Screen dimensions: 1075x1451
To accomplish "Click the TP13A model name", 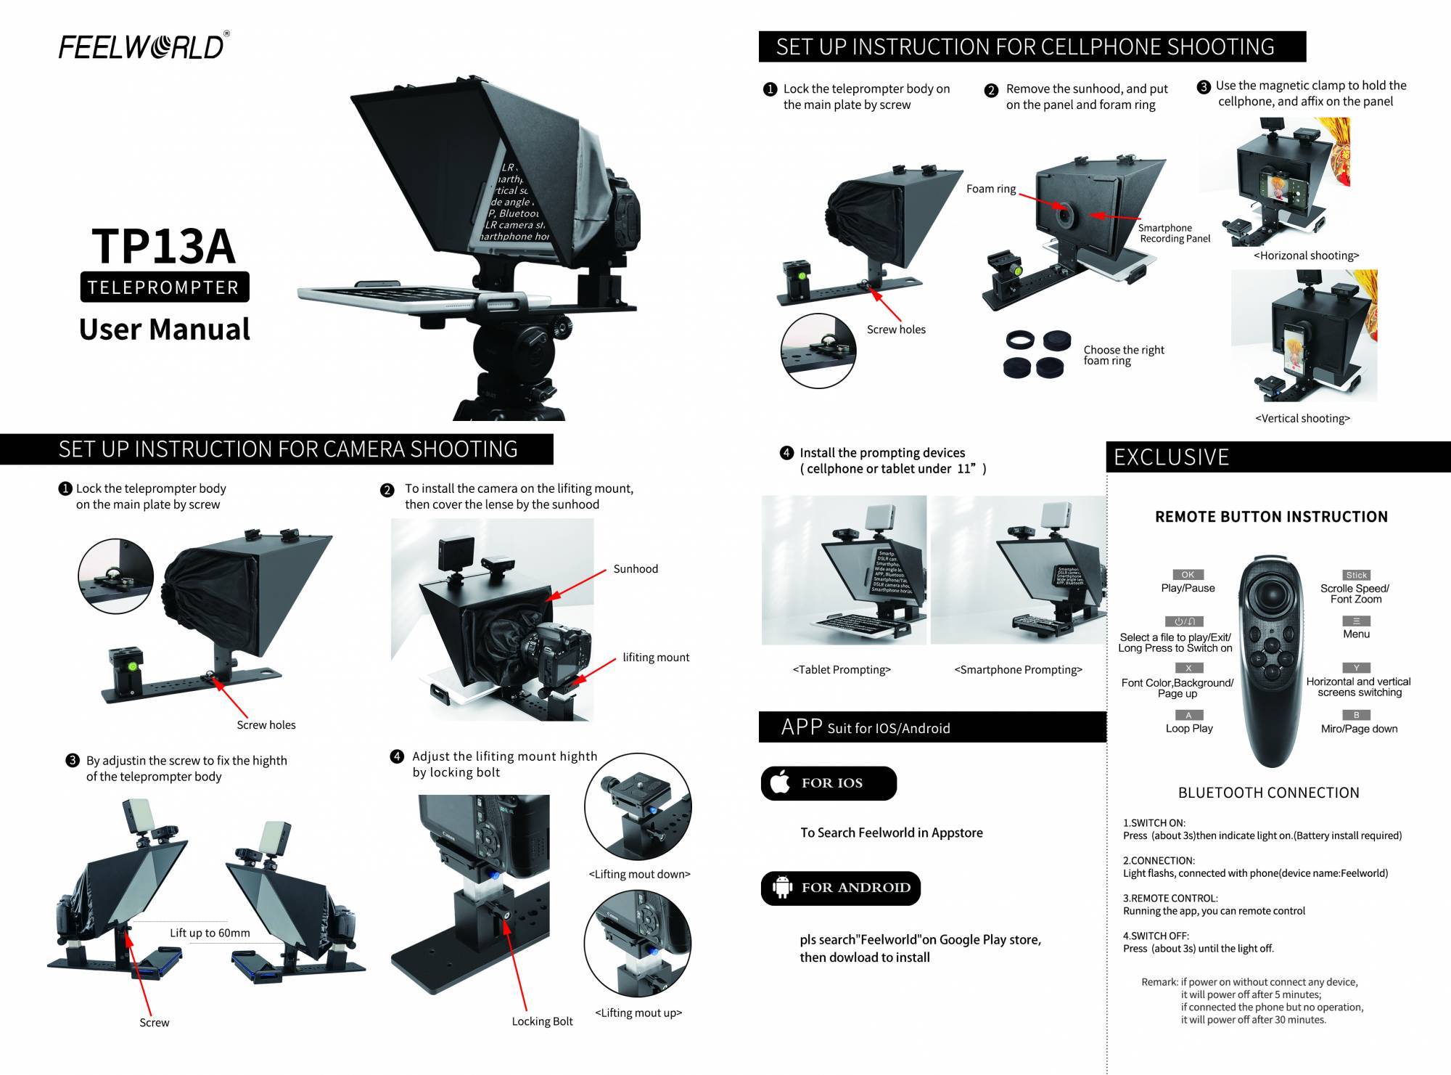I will pos(164,245).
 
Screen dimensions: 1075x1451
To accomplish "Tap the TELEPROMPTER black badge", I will pos(164,287).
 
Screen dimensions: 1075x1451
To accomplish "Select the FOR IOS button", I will pos(829,783).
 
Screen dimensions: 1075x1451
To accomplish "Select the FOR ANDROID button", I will pos(840,888).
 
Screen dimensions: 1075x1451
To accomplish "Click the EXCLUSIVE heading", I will pos(1171,457).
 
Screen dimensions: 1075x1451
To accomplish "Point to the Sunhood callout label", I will pos(636,569).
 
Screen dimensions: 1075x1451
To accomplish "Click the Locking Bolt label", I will pos(542,1021).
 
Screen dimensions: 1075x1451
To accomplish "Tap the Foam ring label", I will pos(990,189).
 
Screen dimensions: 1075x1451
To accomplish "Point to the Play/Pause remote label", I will pos(1188,588).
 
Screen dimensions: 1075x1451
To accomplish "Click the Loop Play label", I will pos(1189,728).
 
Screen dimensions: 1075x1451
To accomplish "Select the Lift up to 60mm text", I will pos(210,933).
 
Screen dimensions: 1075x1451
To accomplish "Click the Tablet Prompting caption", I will pos(842,670).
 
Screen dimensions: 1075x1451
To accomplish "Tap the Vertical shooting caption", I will pos(1302,418).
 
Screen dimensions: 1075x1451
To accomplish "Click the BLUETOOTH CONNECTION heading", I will pos(1268,793).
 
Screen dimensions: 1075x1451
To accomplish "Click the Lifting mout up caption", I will pos(638,1013).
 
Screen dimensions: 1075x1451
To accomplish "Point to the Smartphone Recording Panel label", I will pos(1174,233).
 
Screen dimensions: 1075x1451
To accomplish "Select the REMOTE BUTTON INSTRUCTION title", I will pos(1271,517).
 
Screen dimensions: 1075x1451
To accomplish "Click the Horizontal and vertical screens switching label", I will pos(1358,687).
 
